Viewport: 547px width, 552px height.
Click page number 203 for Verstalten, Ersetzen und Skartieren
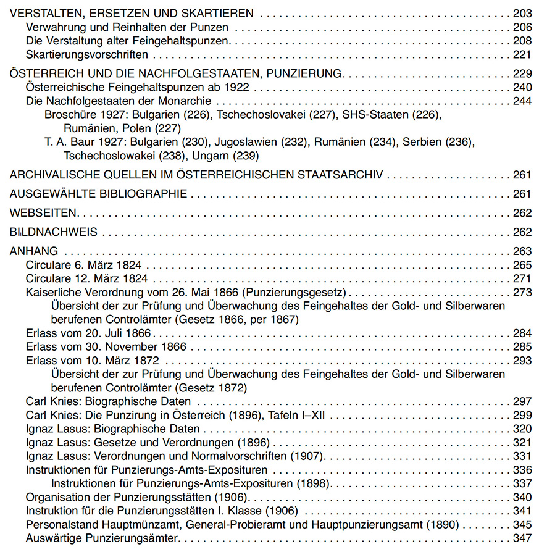click(522, 13)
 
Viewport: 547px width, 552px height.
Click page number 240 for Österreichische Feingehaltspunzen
click(522, 87)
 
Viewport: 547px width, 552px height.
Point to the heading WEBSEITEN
click(43, 214)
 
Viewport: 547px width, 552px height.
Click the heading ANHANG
click(34, 251)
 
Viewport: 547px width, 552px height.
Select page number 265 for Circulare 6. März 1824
click(522, 265)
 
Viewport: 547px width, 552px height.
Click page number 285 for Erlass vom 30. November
click(522, 347)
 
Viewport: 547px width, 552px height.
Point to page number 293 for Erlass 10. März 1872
click(522, 361)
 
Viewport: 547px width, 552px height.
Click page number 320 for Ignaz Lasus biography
click(522, 429)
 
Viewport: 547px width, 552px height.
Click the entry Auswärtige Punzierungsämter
click(102, 538)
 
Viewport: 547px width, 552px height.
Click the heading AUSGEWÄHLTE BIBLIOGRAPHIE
click(99, 194)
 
